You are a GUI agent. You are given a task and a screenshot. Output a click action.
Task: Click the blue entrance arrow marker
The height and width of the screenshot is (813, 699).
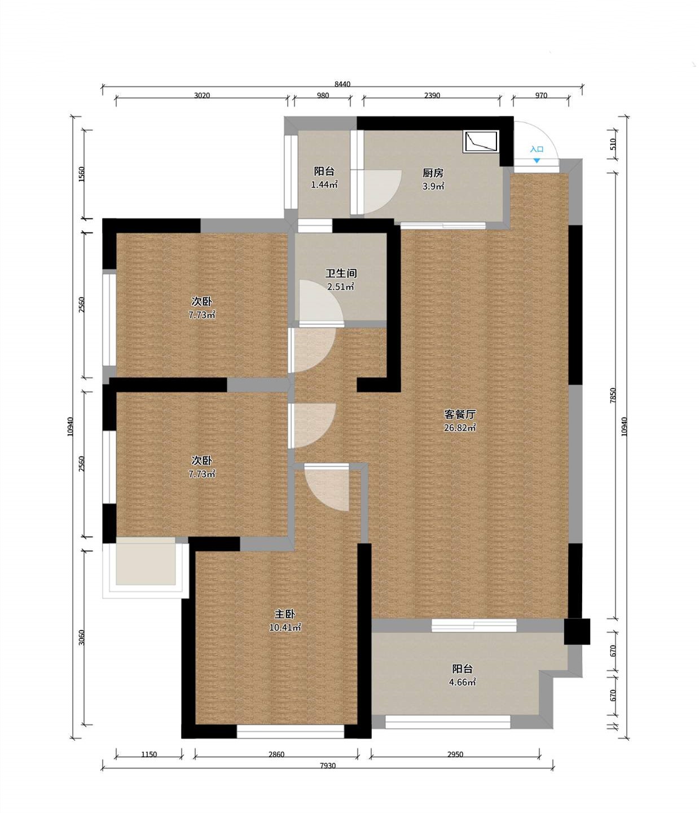537,160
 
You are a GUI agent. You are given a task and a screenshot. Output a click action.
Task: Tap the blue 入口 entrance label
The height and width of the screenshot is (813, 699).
537,149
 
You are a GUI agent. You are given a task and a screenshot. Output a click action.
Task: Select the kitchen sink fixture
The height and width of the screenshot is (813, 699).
481,141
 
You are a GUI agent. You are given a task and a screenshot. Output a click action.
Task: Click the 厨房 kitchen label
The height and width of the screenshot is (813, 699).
433,173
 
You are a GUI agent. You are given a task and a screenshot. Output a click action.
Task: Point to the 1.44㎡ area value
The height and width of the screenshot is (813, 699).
324,184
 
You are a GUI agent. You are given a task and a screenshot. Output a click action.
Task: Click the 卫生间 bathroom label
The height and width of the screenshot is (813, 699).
341,273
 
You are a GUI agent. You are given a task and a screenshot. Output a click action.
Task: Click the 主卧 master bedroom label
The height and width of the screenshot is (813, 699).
285,614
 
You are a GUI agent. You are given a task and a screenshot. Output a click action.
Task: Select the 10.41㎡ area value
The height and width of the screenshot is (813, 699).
285,627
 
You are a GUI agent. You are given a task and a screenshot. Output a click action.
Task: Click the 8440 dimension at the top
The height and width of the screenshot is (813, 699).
342,84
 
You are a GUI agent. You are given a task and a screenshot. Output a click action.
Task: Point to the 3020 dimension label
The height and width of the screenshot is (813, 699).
202,95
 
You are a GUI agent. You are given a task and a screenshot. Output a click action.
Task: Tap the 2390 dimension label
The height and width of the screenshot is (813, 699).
432,95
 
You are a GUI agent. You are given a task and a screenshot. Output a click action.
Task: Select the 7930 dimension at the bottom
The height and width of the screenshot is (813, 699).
328,766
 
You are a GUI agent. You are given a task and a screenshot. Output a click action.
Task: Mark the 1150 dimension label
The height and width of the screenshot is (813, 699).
149,754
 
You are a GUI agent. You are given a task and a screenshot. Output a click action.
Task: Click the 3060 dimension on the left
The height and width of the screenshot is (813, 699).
81,638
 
